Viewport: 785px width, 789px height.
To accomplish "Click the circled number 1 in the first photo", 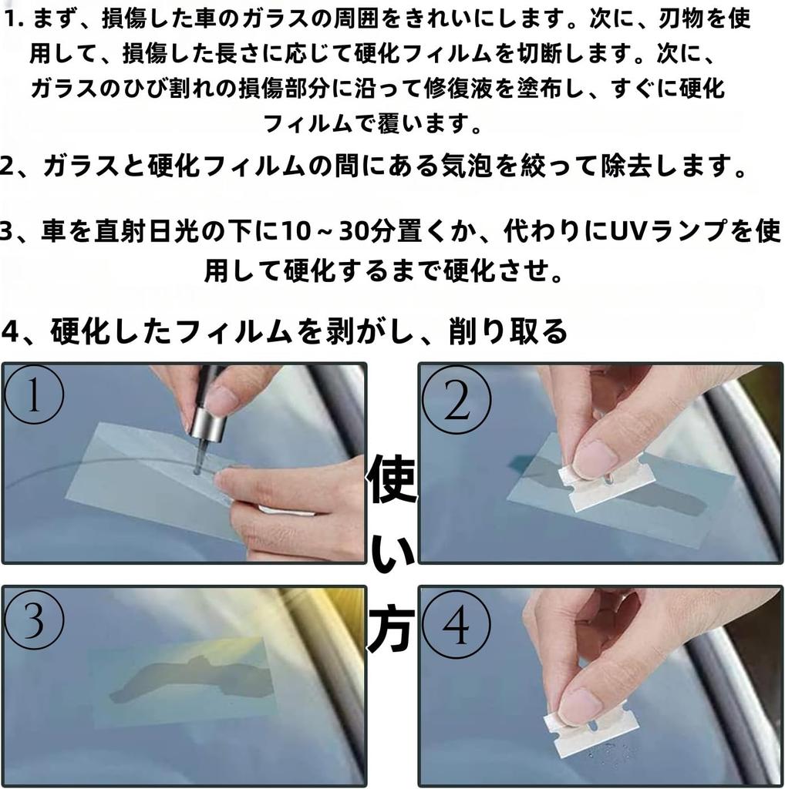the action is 34,394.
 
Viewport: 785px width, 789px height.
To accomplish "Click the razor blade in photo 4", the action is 592,727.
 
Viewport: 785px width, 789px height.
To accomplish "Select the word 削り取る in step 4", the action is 509,331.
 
